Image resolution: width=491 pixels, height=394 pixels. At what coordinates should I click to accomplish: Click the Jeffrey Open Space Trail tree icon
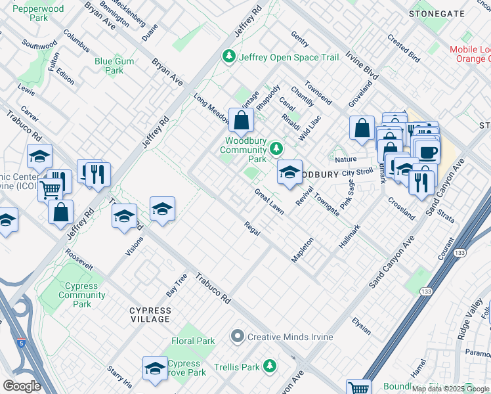(x=229, y=57)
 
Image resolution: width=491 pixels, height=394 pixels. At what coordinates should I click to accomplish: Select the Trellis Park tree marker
(x=269, y=365)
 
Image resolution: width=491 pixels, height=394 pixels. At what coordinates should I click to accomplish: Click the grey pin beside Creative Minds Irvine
(x=238, y=337)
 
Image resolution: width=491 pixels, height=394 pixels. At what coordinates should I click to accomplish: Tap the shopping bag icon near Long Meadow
(x=241, y=120)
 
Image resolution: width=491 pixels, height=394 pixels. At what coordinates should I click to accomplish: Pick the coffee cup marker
(x=428, y=153)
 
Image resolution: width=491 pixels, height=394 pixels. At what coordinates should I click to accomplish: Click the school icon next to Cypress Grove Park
(x=155, y=368)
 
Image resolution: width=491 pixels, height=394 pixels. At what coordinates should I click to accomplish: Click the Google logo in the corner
(x=21, y=386)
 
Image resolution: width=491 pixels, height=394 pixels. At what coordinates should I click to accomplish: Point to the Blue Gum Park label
(x=109, y=66)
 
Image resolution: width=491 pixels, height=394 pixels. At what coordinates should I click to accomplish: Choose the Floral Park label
(x=193, y=341)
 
